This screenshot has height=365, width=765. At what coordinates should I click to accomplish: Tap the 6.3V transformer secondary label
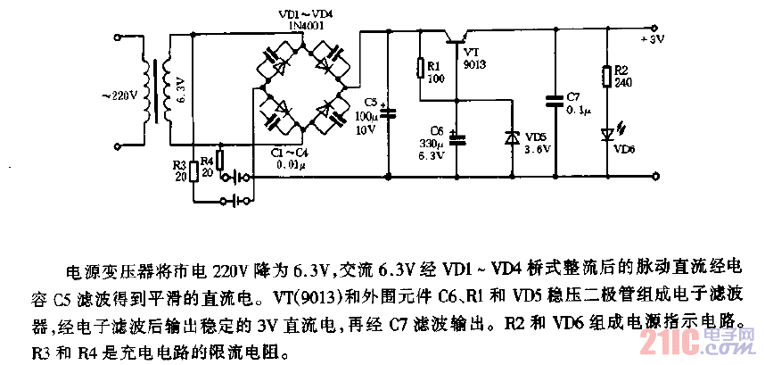click(x=180, y=90)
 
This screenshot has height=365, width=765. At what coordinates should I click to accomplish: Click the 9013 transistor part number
click(x=474, y=66)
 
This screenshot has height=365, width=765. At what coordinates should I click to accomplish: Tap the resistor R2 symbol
click(x=607, y=78)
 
